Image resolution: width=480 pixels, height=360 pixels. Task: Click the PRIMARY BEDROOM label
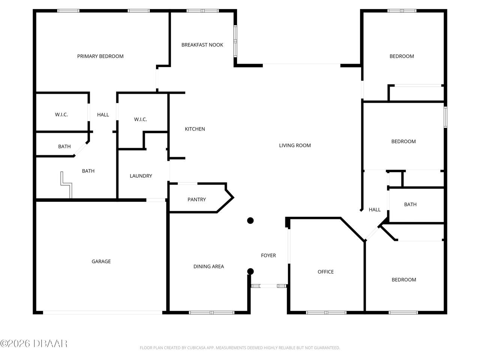pos(100,56)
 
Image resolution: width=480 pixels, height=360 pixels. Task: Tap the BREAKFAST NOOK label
pos(202,45)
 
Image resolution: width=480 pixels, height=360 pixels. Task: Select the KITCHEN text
pos(195,129)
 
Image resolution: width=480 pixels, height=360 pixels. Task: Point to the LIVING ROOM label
pos(295,145)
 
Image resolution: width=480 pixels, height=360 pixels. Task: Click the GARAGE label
pos(101,261)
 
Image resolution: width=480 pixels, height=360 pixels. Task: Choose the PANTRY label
pos(196,199)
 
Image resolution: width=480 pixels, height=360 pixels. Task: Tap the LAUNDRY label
pos(141,176)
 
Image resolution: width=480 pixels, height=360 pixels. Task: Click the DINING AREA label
pos(208,267)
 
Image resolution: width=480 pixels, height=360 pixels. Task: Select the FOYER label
pos(268,255)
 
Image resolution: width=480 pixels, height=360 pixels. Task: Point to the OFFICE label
pos(325,272)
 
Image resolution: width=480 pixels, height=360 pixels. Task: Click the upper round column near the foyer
pos(250,220)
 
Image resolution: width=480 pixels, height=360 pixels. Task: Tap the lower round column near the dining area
pos(250,271)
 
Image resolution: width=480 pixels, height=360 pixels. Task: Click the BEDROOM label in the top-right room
pos(402,56)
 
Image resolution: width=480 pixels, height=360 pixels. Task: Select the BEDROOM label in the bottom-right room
pos(403,280)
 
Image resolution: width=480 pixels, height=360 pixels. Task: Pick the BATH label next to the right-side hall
pos(410,204)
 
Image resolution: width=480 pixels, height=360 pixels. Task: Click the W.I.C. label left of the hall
pos(61,115)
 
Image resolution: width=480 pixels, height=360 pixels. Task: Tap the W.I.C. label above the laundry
pos(140,120)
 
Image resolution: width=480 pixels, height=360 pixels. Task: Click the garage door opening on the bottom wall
pos(103,312)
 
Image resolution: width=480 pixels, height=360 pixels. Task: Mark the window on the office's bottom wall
pos(326,312)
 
